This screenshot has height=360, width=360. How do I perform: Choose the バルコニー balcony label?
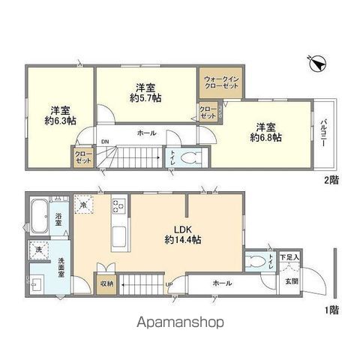[322, 133]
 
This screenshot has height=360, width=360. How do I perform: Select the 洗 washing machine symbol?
[37, 249]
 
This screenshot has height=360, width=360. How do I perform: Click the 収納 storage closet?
[106, 284]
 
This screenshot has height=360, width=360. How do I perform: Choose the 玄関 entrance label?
[291, 281]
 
